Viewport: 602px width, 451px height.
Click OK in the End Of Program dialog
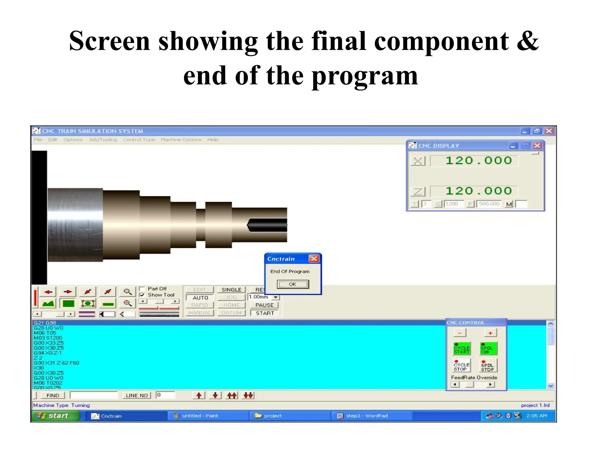coord(292,284)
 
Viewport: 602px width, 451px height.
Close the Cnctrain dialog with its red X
coord(314,258)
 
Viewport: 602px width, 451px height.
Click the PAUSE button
coord(264,305)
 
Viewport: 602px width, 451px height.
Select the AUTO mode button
coord(200,297)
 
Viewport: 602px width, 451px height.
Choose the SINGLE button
coord(231,290)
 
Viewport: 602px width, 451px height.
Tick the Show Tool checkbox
coord(142,295)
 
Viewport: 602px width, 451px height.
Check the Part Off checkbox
coord(142,289)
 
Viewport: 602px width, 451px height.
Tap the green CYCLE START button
coord(461,349)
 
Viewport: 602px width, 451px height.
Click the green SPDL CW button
coord(488,349)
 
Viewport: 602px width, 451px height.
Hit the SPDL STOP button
coord(488,366)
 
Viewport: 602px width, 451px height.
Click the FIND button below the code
coord(53,396)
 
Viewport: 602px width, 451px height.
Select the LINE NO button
coord(137,396)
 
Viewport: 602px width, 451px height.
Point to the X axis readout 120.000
coord(478,161)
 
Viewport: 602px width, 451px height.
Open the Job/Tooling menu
coord(103,139)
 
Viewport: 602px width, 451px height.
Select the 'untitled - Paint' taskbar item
coord(200,416)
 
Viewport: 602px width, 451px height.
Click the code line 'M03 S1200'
coord(48,338)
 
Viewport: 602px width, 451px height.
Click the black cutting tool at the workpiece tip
coord(267,225)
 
